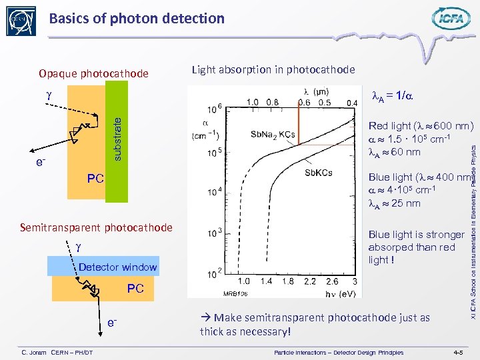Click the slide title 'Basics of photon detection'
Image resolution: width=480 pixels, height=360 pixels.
coord(137,19)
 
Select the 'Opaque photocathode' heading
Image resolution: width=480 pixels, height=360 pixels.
coord(93,73)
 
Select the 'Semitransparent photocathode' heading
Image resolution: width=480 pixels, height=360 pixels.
coord(96,228)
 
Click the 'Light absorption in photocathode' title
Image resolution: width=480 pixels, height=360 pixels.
coord(273,69)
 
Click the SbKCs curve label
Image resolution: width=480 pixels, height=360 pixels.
coord(318,173)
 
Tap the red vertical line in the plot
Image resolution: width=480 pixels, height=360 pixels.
coord(297,123)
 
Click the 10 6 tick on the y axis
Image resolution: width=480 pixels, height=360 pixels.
coord(215,107)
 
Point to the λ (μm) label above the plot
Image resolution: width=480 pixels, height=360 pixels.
coord(315,91)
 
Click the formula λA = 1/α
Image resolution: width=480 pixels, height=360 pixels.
coord(392,95)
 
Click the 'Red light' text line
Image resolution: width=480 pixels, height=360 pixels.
coord(421,125)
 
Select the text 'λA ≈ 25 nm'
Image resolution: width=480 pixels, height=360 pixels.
coord(394,203)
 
